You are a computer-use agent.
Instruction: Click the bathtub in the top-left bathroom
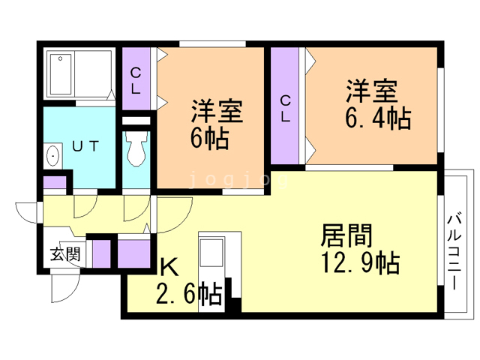[x=79, y=73]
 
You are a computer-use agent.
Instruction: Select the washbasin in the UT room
[x=54, y=156]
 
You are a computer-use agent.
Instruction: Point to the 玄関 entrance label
[x=64, y=253]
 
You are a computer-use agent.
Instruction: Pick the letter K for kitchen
[x=169, y=267]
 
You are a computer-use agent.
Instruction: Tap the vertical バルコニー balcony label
[x=453, y=252]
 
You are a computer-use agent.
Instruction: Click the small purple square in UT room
[x=55, y=181]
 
